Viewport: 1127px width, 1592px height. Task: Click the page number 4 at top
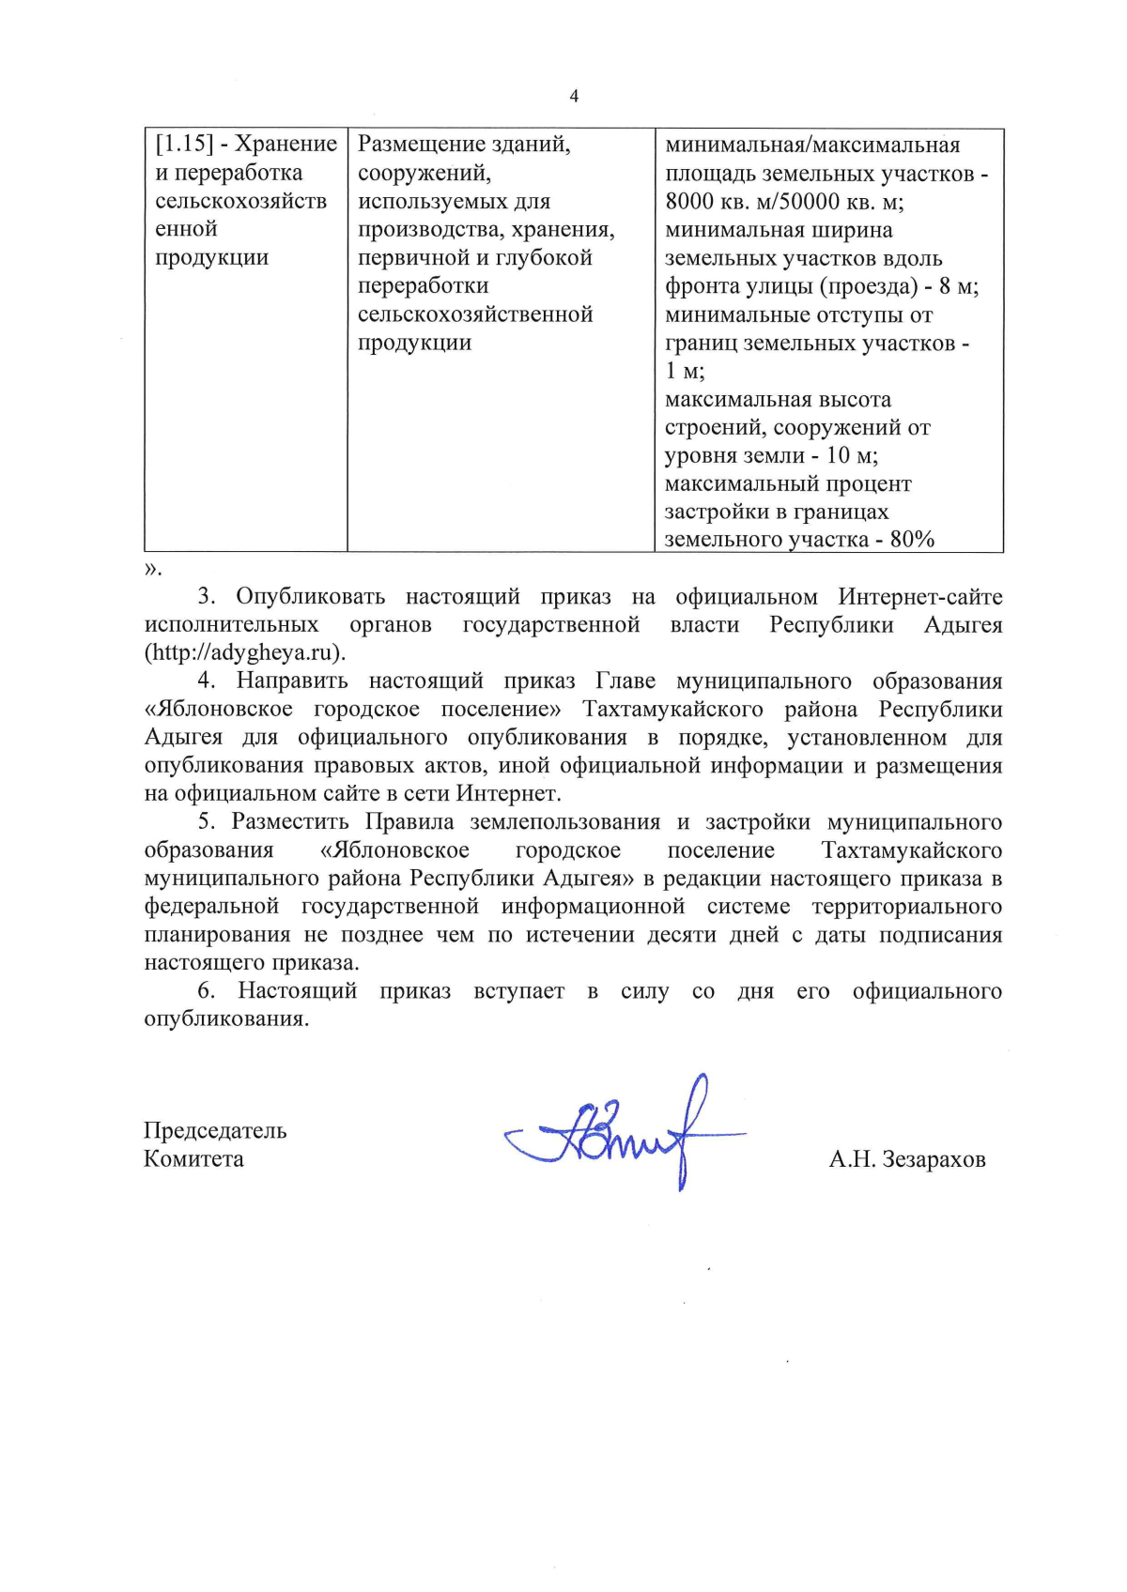(574, 96)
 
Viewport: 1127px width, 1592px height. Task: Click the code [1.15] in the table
(184, 145)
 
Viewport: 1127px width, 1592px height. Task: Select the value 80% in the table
(912, 540)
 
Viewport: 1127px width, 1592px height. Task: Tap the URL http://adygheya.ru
(244, 652)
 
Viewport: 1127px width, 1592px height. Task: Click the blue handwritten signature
(625, 1134)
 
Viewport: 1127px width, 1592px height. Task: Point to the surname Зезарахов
(934, 1159)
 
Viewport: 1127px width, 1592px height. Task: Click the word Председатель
(215, 1130)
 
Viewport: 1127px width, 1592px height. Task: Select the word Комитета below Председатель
(193, 1158)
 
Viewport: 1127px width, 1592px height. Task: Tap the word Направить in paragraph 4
(292, 681)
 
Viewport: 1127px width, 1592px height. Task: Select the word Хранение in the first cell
(286, 145)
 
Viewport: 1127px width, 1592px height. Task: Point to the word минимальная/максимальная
(812, 145)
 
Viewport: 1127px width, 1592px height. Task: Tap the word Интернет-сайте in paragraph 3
(920, 597)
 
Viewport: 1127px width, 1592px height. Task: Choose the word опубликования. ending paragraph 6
(226, 1019)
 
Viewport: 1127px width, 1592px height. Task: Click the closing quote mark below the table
(152, 569)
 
